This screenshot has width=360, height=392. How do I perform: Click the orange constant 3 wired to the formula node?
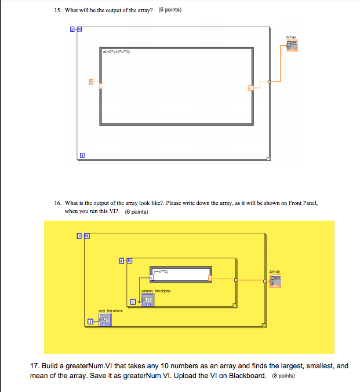pos(90,82)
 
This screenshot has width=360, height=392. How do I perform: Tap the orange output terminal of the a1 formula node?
pos(251,87)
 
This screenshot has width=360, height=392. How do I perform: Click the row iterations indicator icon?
pos(105,319)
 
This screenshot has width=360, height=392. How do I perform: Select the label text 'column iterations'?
pos(155,291)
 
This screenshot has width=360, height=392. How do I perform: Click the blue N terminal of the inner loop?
pos(129,261)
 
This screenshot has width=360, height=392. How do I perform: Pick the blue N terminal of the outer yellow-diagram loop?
pos(86,236)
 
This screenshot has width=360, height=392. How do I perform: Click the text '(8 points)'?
pos(284,376)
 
